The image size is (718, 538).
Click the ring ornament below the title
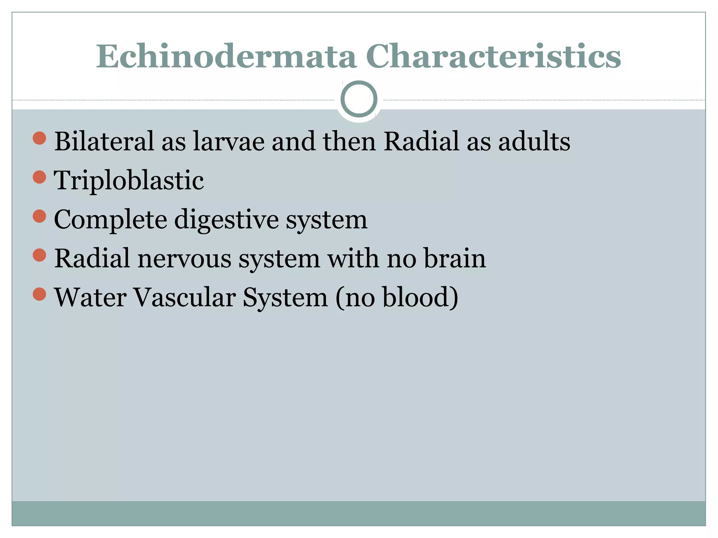[x=359, y=99]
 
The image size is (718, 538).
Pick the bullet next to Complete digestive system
[x=39, y=216]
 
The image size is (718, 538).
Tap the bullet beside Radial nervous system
[x=39, y=255]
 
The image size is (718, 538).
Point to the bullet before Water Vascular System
[x=39, y=294]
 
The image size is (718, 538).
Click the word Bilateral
[x=104, y=141]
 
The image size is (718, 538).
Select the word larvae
[x=229, y=141]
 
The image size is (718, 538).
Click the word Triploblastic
[x=129, y=181]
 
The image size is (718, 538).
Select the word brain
[x=455, y=259]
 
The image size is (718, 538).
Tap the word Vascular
[x=185, y=298]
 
